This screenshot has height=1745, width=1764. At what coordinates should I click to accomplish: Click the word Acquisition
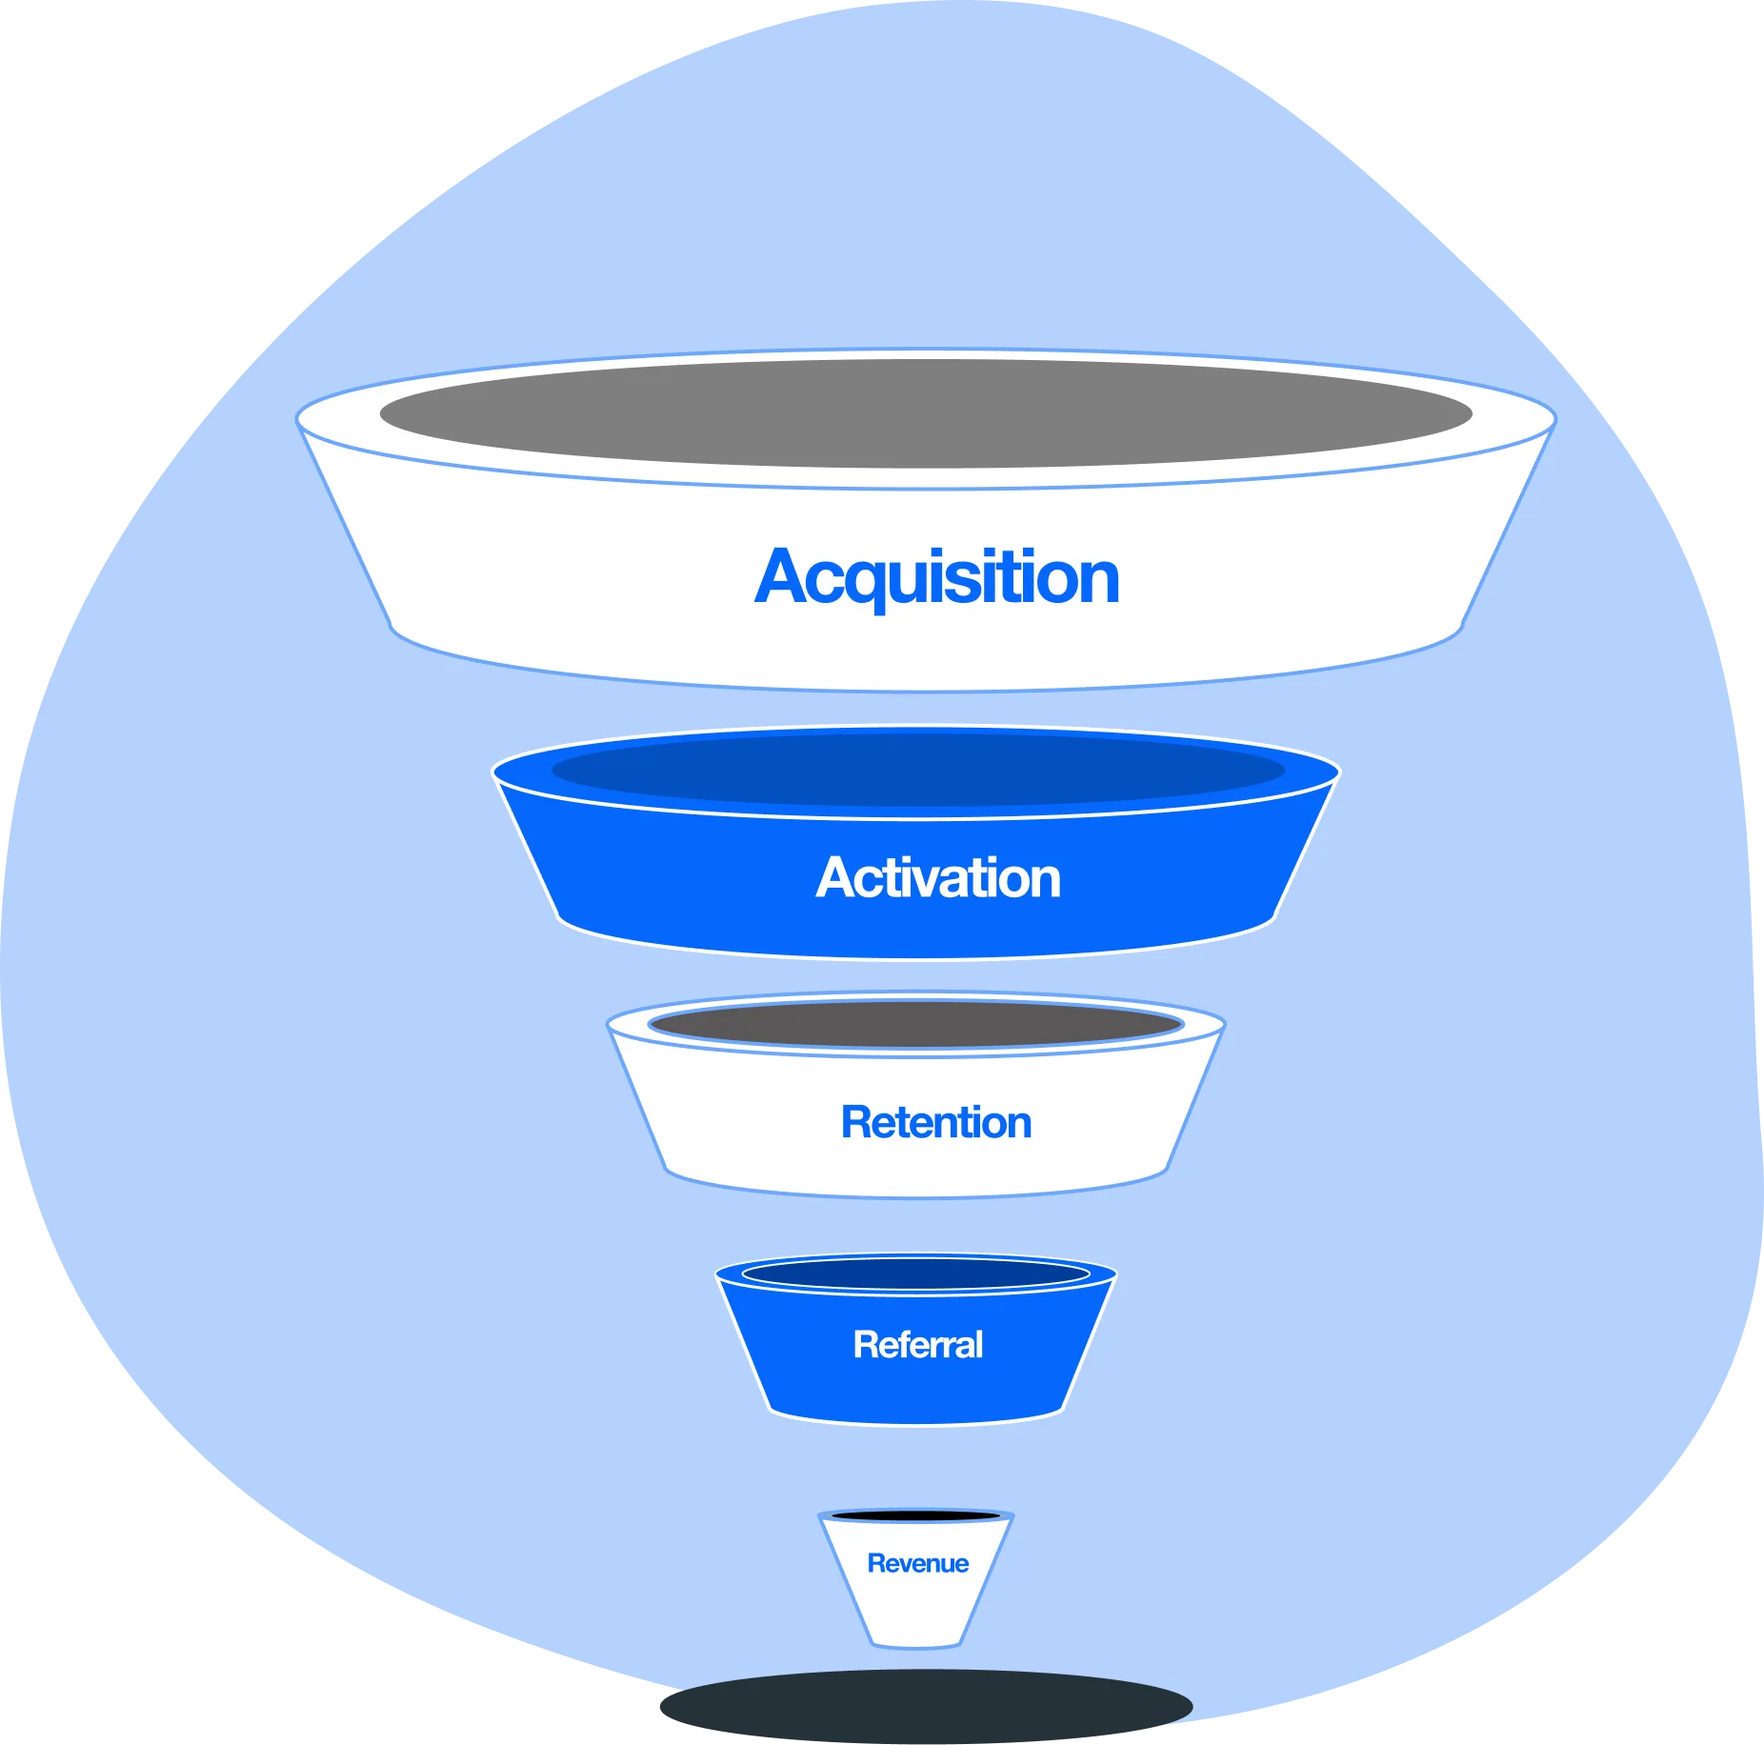(x=937, y=577)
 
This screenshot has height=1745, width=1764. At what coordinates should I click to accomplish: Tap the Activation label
(x=938, y=877)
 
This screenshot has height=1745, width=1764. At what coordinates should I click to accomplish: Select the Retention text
(x=936, y=1122)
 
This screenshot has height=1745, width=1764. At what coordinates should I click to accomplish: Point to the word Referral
(x=918, y=1344)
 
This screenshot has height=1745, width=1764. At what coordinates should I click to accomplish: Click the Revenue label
(x=917, y=1563)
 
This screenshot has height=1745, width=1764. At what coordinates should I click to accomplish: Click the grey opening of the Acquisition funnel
(x=926, y=413)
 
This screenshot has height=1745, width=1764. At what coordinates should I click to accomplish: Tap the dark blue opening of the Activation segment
(x=918, y=770)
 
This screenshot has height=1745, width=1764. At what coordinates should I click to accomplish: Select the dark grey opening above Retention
(x=916, y=1024)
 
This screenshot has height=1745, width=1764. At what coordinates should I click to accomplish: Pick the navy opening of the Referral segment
(x=916, y=1274)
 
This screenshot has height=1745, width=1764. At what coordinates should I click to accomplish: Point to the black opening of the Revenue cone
(x=916, y=1514)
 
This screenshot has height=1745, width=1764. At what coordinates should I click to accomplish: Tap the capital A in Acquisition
(x=783, y=577)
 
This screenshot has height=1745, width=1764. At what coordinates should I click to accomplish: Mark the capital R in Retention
(x=855, y=1122)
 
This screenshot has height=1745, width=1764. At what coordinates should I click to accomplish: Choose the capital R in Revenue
(x=875, y=1563)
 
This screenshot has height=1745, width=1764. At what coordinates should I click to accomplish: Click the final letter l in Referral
(x=978, y=1344)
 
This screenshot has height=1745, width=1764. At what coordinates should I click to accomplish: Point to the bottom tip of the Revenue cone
(x=916, y=1642)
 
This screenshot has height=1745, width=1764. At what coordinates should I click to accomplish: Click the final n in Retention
(x=1019, y=1125)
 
